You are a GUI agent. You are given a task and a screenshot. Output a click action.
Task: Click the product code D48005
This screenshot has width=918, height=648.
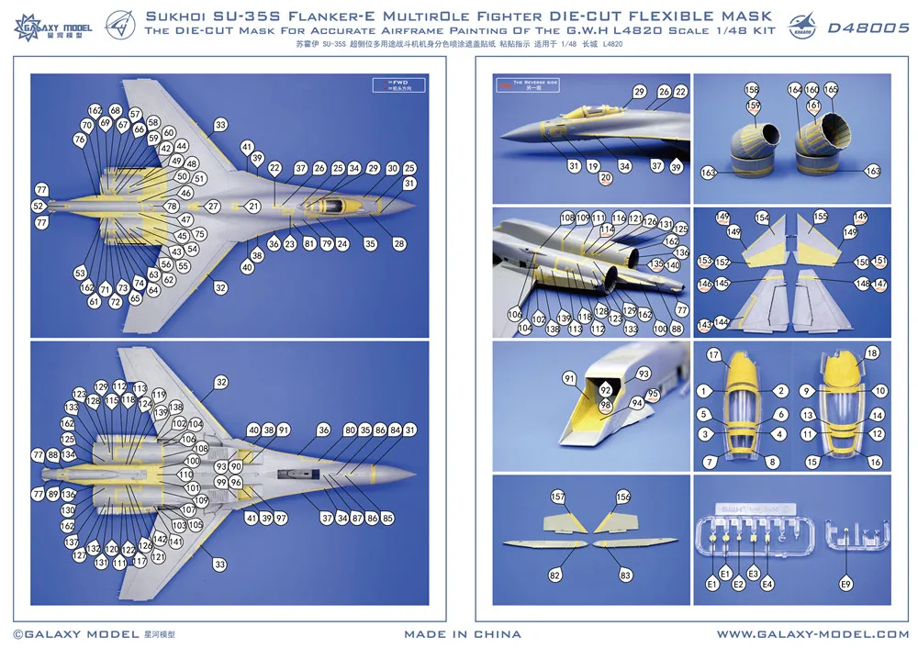868,28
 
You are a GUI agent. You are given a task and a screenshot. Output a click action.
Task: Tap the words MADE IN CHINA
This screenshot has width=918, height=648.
463,634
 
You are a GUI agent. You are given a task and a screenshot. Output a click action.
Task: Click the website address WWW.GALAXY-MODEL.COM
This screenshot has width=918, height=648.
812,634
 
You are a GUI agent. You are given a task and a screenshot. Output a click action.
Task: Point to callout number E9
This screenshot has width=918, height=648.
846,584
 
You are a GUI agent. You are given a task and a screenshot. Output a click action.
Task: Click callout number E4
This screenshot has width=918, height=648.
767,584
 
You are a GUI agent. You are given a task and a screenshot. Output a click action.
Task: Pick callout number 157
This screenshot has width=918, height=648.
556,497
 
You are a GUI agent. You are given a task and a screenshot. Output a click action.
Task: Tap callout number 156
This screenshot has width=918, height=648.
624,497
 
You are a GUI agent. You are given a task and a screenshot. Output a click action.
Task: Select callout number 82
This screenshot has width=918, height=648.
554,575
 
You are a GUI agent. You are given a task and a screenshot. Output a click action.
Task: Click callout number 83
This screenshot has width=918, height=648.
626,575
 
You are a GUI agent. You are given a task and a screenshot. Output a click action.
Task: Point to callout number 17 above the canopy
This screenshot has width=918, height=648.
713,354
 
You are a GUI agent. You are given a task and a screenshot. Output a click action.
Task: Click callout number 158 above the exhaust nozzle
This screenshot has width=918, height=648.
753,90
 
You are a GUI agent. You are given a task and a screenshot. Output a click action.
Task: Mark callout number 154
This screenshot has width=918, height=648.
762,217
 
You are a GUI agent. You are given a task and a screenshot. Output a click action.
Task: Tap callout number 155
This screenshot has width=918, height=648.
820,217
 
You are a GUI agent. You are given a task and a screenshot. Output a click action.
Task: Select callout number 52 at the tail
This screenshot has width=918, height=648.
39,207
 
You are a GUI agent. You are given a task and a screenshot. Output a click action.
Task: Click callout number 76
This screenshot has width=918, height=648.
80,140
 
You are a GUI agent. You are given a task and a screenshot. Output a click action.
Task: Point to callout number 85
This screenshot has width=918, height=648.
387,519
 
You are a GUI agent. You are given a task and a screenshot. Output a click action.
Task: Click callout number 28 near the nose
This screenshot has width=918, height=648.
399,244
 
